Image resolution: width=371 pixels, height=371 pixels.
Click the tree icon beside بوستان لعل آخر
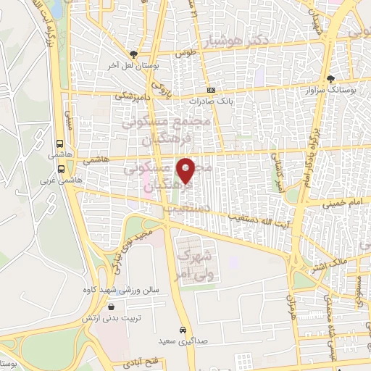click(x=133, y=54)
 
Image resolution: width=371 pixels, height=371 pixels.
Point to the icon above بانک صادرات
click(x=211, y=90)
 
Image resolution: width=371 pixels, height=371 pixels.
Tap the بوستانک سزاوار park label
click(x=337, y=89)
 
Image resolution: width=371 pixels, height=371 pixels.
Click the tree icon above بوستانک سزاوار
click(x=331, y=78)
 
